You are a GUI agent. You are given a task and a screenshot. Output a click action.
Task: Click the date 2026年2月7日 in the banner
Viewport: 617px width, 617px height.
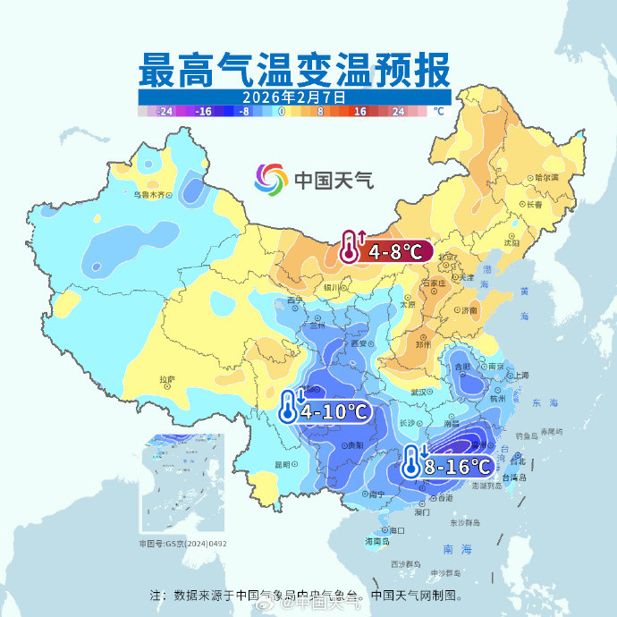292,97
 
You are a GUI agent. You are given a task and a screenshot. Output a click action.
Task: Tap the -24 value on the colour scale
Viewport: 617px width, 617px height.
164,112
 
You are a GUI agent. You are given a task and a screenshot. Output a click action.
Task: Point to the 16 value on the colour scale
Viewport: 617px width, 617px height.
360,112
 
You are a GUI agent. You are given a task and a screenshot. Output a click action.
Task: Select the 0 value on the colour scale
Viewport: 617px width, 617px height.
281,112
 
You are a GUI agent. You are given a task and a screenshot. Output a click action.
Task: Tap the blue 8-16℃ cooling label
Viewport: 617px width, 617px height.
457,466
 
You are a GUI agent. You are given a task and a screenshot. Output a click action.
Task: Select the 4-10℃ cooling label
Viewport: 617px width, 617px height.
334,411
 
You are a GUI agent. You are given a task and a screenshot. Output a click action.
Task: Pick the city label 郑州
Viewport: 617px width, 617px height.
424,344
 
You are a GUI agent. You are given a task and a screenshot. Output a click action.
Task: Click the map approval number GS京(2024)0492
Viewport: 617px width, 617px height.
182,543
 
